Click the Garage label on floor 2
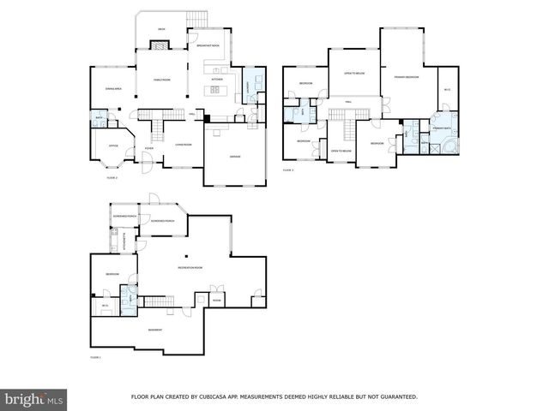[234, 157]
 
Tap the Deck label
[161, 29]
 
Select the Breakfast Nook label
[208, 45]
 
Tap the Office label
[112, 146]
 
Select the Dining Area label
[112, 88]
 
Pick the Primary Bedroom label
[406, 77]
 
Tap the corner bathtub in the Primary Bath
[446, 146]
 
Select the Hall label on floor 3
[349, 102]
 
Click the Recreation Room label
[190, 268]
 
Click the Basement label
[154, 330]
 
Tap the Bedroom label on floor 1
[112, 274]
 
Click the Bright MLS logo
[34, 399]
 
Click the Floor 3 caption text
[288, 170]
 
